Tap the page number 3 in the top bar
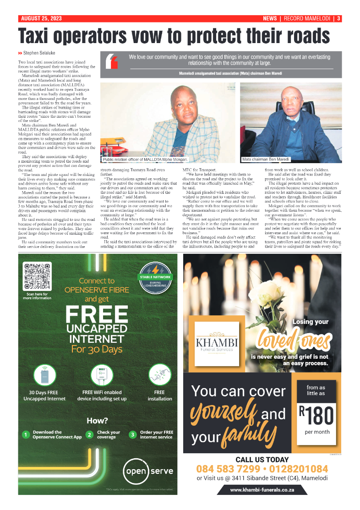338,19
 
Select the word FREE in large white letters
97,315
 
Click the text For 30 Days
97,349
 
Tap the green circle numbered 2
90,434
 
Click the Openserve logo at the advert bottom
148,471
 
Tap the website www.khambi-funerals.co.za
262,490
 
